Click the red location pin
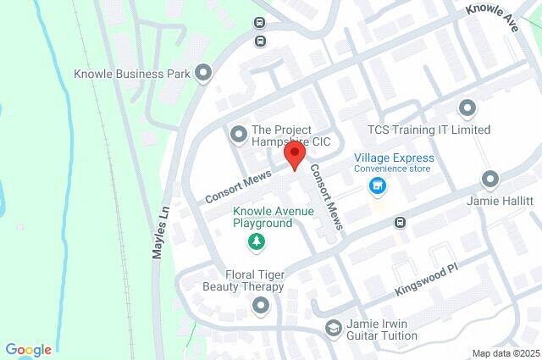(x=294, y=155)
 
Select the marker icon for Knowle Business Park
(x=202, y=74)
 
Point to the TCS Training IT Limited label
(x=429, y=130)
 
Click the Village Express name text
(x=394, y=158)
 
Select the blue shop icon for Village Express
(x=379, y=186)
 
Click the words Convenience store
(x=392, y=169)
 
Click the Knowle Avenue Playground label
(x=263, y=217)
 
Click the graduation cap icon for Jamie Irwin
(x=335, y=327)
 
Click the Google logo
(x=29, y=350)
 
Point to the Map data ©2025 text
(x=506, y=353)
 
